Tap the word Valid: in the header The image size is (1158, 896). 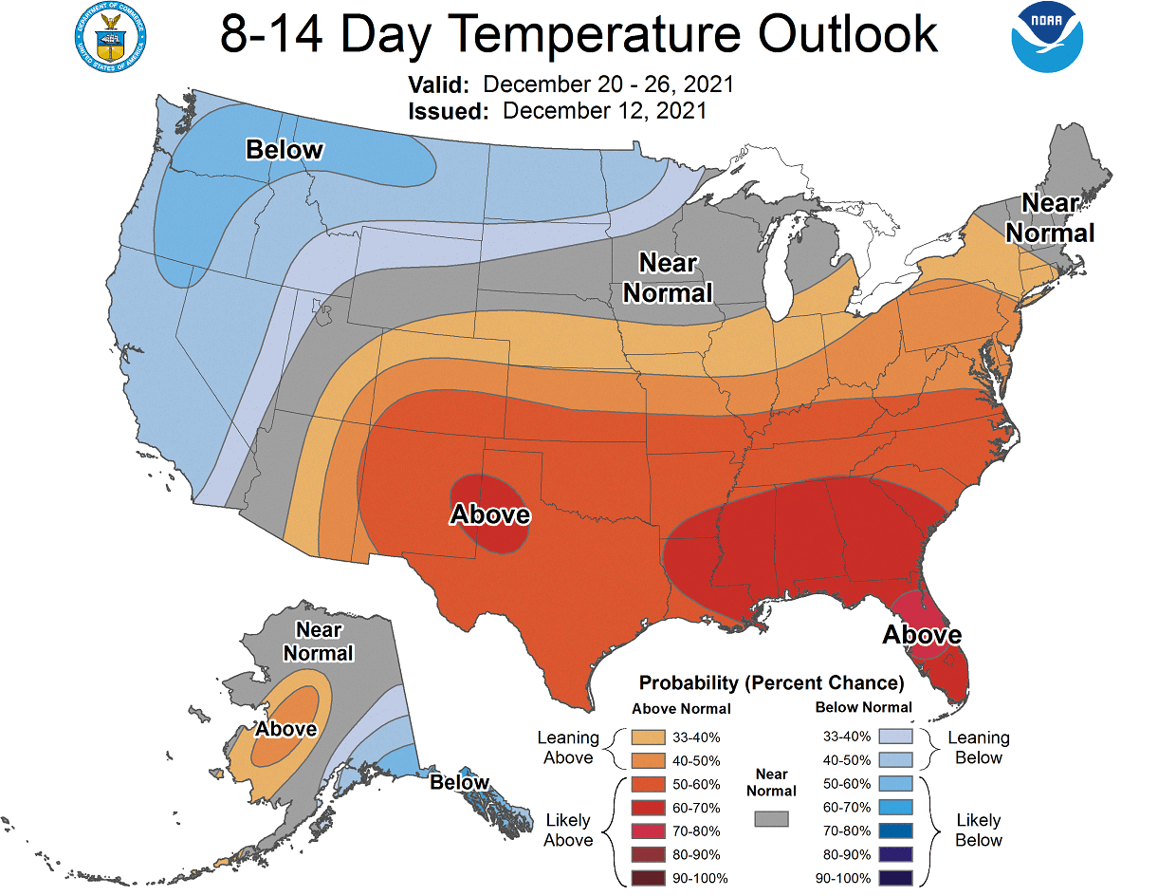(x=438, y=84)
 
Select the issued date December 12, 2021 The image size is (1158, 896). (x=604, y=110)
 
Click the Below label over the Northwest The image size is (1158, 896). (x=285, y=150)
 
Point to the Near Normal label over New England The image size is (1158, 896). (x=1050, y=218)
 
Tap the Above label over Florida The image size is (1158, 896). (x=922, y=634)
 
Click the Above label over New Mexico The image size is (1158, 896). (x=489, y=514)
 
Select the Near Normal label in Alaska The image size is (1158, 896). (x=319, y=642)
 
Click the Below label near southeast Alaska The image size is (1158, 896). (x=460, y=782)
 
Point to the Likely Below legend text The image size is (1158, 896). (x=979, y=830)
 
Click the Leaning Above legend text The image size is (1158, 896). (x=567, y=747)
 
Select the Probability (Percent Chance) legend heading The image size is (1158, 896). (x=771, y=682)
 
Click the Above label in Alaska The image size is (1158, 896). (x=286, y=728)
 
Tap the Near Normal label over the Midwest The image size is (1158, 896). (x=668, y=277)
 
